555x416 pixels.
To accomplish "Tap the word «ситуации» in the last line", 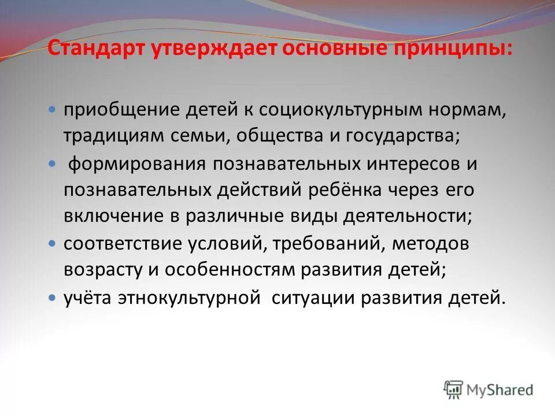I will [313, 298].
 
